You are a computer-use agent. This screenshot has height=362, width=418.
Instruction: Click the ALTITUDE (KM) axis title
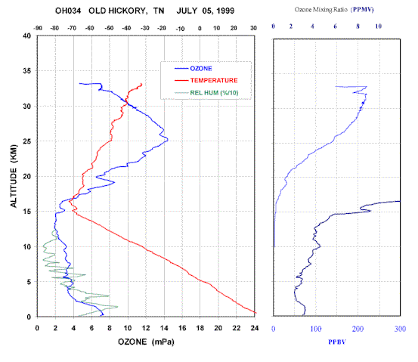point(14,176)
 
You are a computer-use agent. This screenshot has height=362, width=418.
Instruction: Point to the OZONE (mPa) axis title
point(146,342)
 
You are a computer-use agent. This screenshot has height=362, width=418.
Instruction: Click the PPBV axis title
point(337,342)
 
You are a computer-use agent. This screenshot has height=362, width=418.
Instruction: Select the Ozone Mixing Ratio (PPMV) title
point(334,10)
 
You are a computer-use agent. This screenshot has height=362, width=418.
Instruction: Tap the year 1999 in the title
point(225,11)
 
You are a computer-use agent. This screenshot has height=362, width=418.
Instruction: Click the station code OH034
point(68,11)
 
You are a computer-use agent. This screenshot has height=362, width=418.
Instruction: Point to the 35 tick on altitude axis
point(26,71)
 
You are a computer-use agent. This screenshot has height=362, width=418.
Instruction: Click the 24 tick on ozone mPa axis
point(255,328)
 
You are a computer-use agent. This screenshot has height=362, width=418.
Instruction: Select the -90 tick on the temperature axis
point(38,28)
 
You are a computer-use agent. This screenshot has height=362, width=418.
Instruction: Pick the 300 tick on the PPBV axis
point(400,329)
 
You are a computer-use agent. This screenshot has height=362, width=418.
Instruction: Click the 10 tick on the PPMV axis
point(378,26)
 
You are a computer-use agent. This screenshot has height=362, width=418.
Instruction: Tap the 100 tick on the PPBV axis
point(316,329)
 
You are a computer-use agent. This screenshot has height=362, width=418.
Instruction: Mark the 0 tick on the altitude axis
point(29,317)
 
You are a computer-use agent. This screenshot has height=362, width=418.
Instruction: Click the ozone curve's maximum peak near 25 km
point(168,139)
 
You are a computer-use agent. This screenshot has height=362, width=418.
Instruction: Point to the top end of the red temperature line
point(141,84)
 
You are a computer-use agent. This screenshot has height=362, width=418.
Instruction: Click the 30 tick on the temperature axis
point(253,28)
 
